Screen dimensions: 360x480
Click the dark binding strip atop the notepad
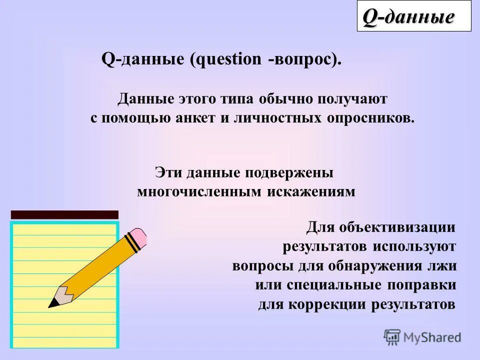64,215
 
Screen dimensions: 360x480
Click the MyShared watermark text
432,337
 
